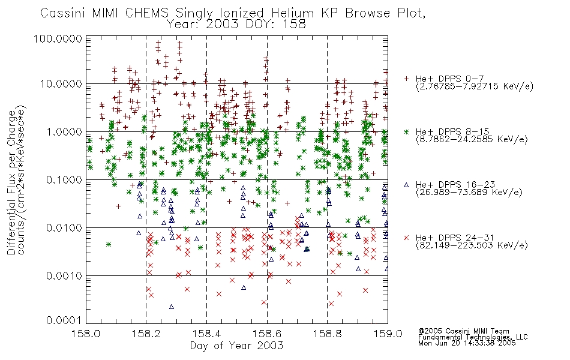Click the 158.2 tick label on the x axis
tap(146, 334)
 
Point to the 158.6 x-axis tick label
tap(267, 334)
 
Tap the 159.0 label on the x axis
tap(388, 334)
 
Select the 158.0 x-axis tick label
tap(86, 334)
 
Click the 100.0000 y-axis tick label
tap(58, 38)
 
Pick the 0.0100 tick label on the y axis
tap(64, 228)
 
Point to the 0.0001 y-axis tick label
tap(64, 320)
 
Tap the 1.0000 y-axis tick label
tap(64, 131)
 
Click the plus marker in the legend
tap(407, 79)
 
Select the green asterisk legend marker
tap(407, 131)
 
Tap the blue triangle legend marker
tap(407, 185)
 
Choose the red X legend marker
tap(407, 238)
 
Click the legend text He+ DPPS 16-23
tap(455, 185)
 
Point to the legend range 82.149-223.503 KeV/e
tap(472, 245)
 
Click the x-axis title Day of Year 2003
tap(236, 346)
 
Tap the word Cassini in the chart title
tap(62, 13)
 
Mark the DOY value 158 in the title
tap(294, 25)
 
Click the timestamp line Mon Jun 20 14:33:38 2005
tap(467, 343)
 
